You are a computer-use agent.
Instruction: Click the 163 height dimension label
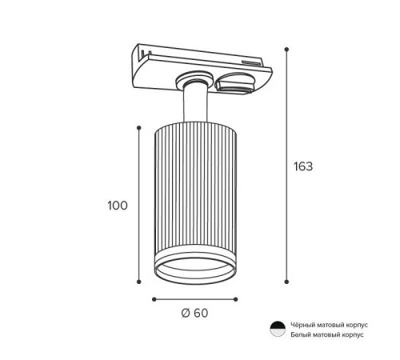tap(303, 166)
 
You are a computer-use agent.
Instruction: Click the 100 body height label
tap(118, 206)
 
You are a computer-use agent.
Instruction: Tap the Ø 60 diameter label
tap(194, 313)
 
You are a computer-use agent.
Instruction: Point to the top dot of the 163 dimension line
tap(286, 50)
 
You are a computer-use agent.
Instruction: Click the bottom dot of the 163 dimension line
tap(286, 282)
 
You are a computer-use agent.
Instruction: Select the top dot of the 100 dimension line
tap(138, 128)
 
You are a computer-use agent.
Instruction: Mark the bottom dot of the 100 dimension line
tap(138, 282)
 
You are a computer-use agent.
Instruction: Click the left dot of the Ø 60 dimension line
tap(154, 299)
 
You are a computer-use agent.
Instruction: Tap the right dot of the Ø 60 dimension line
tap(235, 299)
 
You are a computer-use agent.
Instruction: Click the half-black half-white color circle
tap(278, 329)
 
